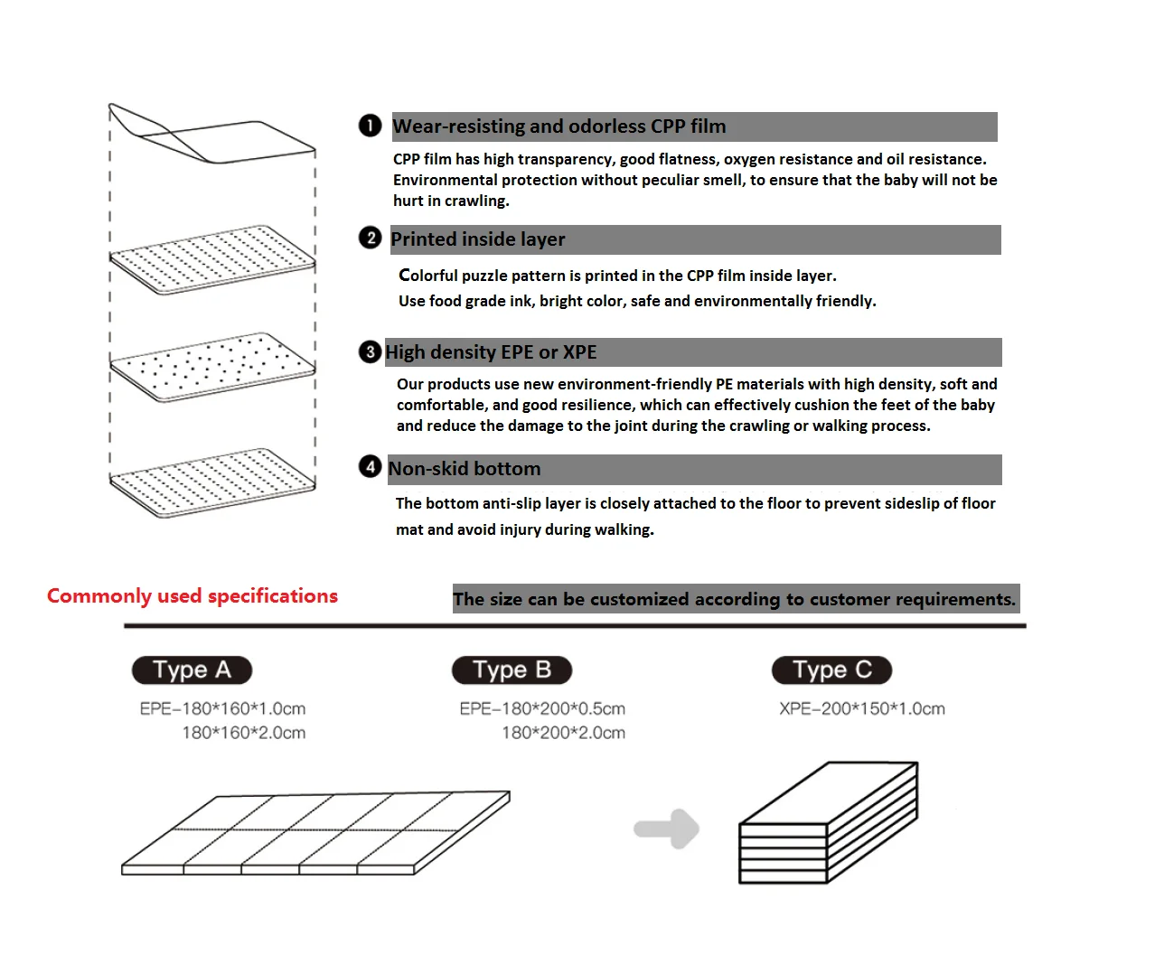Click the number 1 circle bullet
pyautogui.click(x=370, y=126)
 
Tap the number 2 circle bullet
pyautogui.click(x=370, y=238)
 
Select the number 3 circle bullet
pyautogui.click(x=370, y=351)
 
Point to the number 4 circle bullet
pyautogui.click(x=370, y=466)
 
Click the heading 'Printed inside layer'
pyautogui.click(x=477, y=239)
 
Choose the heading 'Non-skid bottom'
pyautogui.click(x=465, y=469)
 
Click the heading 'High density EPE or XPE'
pyautogui.click(x=491, y=352)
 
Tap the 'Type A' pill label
pyautogui.click(x=192, y=670)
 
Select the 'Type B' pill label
pyautogui.click(x=512, y=670)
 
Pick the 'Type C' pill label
pyautogui.click(x=831, y=670)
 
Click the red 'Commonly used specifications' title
pyautogui.click(x=192, y=596)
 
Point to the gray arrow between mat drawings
pyautogui.click(x=667, y=828)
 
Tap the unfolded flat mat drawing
pyautogui.click(x=315, y=834)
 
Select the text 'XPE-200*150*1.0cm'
pyautogui.click(x=862, y=709)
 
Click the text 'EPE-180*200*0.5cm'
pyautogui.click(x=542, y=709)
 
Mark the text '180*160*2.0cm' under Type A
pyautogui.click(x=244, y=733)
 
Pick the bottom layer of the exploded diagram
pyautogui.click(x=213, y=482)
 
